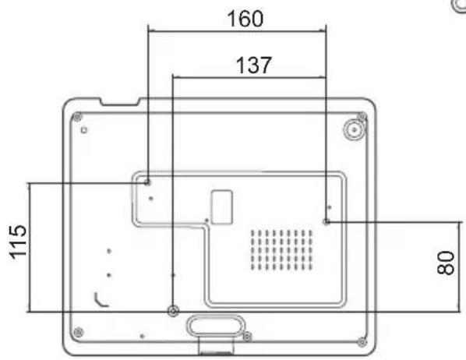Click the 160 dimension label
[x=245, y=19]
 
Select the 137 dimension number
[x=254, y=65]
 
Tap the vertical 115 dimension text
[x=18, y=242]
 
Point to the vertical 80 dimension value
[x=446, y=262]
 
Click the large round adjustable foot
[x=354, y=129]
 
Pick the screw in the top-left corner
[x=77, y=117]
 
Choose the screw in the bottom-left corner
[x=78, y=332]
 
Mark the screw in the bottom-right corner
[x=362, y=342]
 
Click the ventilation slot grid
[x=281, y=249]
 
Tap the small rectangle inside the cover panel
[x=222, y=207]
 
